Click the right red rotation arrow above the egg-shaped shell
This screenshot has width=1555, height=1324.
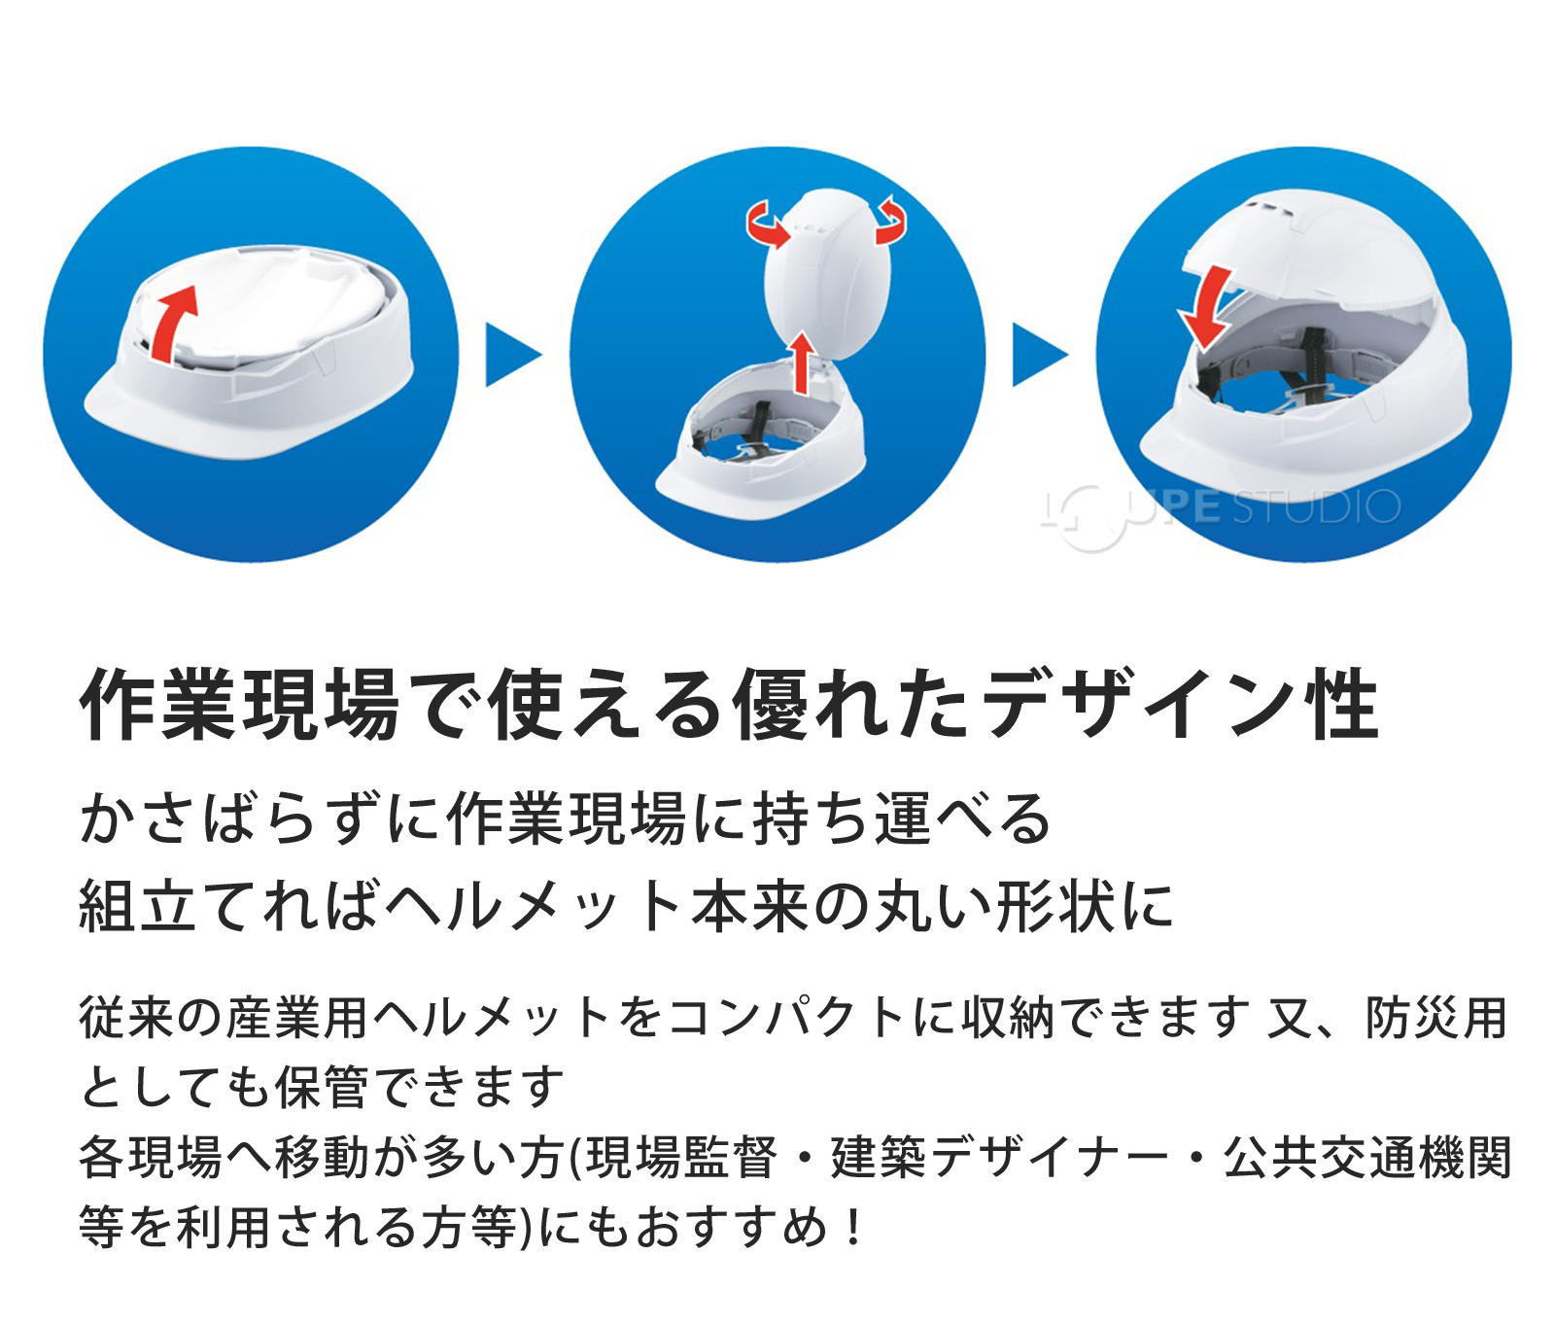click(889, 221)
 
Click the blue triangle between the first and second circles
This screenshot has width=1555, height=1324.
click(511, 355)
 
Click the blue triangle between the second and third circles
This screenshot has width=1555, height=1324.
click(1039, 355)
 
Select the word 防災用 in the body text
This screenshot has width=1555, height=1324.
click(1436, 1018)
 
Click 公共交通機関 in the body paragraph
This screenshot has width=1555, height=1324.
click(1366, 1158)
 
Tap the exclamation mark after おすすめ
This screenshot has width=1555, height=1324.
click(853, 1228)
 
